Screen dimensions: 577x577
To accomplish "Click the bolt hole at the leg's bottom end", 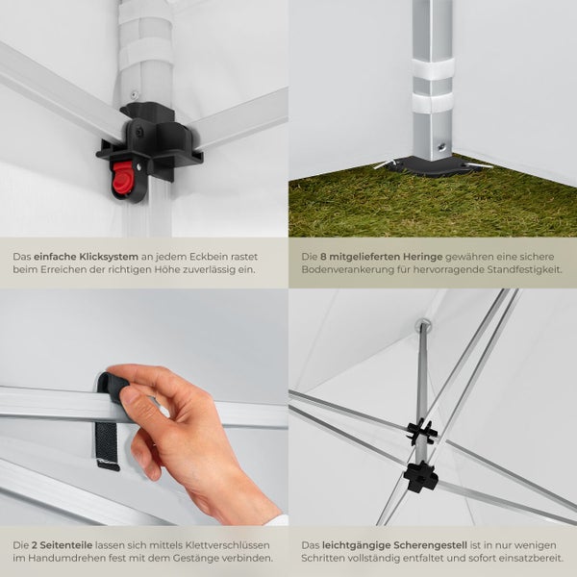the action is (x=440, y=146).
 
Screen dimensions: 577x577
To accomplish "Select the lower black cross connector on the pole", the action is (x=420, y=477).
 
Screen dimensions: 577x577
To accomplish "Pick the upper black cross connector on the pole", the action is (x=421, y=431).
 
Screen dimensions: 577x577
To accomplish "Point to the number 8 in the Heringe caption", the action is (x=323, y=257).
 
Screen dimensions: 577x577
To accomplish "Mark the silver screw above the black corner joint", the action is (x=135, y=93).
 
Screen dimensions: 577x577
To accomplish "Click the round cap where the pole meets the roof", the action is (x=424, y=324).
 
